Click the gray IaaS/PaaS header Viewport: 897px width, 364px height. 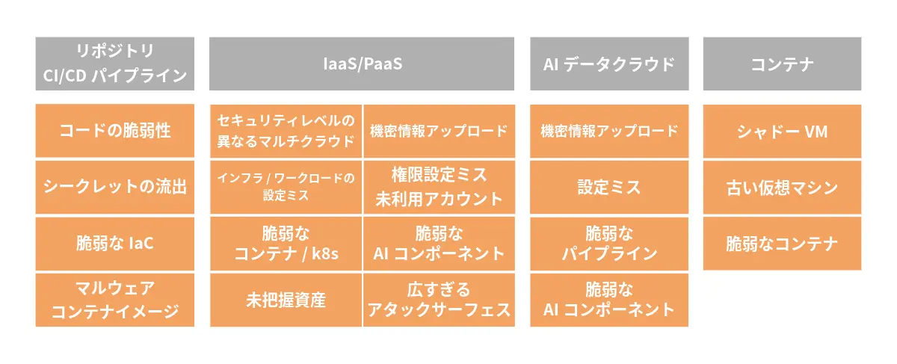point(362,64)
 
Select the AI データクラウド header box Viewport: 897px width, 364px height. point(609,64)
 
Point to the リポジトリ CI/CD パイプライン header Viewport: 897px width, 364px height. point(114,64)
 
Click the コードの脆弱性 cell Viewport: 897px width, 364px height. point(114,131)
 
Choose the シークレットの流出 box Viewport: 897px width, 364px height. point(114,187)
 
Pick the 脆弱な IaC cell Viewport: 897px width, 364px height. point(114,244)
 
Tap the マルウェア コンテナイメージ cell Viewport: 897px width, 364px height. point(114,300)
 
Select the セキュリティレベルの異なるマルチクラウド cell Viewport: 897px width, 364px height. point(286,131)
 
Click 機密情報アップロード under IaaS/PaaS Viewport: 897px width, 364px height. point(439,131)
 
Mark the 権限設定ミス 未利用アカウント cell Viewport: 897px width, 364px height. point(439,187)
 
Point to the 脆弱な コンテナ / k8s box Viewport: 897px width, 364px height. point(286,244)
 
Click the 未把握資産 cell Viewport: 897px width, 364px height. point(286,300)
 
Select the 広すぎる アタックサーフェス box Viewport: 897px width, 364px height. point(439,300)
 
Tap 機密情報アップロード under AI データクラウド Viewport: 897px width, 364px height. point(609,131)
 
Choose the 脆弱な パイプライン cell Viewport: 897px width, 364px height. point(609,244)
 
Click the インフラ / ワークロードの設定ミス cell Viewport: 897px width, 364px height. point(286,187)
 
